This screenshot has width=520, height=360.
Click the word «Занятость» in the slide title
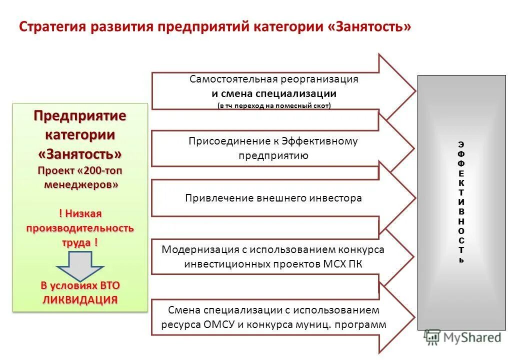(x=370, y=26)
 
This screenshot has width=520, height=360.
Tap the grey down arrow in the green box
(x=80, y=265)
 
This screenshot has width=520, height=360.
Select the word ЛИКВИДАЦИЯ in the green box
(x=80, y=299)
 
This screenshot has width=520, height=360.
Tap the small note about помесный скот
(x=274, y=105)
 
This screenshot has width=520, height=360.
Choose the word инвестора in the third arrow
(x=337, y=198)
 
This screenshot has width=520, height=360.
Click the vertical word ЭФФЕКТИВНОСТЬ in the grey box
(x=461, y=202)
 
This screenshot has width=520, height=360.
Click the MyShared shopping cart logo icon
(x=431, y=337)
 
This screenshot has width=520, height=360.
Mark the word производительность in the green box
(x=80, y=228)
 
